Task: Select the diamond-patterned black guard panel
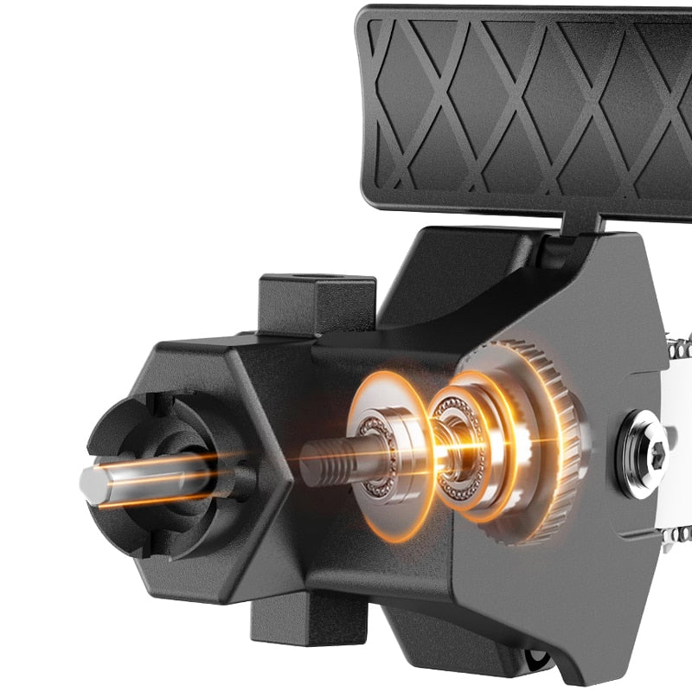(519, 104)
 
